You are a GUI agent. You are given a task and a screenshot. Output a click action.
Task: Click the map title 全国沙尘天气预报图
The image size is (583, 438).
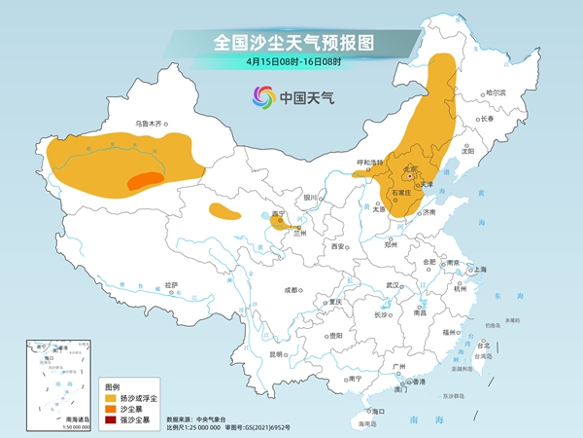[292, 42]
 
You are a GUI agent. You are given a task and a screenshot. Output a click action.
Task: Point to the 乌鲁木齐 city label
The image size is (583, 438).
[152, 124]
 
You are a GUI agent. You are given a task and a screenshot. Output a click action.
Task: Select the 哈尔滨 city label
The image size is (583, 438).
[497, 91]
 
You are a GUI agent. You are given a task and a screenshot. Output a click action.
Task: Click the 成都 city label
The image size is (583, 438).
[291, 289]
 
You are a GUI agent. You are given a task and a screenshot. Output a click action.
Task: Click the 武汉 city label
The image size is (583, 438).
[394, 285]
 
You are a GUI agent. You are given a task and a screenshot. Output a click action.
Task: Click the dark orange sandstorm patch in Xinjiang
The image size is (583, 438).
[143, 180]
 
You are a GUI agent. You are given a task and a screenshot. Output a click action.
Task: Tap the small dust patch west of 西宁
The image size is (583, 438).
[224, 212]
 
